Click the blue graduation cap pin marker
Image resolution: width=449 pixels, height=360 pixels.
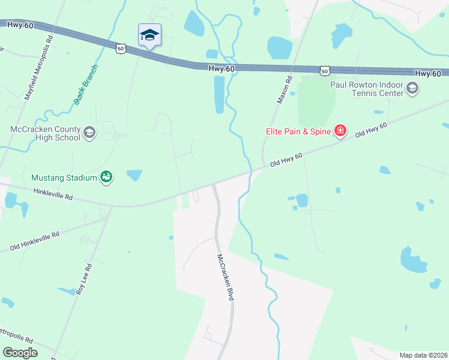click(x=149, y=35)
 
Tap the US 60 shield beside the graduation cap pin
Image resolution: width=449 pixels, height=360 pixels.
click(x=121, y=48)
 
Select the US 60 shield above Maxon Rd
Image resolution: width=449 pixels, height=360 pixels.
click(x=325, y=71)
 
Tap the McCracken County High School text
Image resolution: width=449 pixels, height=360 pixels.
click(x=45, y=133)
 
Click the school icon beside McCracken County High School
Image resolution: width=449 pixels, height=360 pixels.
click(x=89, y=133)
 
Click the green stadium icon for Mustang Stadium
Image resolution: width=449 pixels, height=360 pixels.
click(x=106, y=177)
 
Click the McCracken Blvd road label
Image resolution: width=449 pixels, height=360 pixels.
click(x=225, y=277)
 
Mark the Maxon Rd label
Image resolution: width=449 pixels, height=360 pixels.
click(x=285, y=89)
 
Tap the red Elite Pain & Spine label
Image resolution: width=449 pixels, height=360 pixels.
click(x=299, y=131)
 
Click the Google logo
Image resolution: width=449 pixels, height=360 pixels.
click(x=20, y=353)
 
